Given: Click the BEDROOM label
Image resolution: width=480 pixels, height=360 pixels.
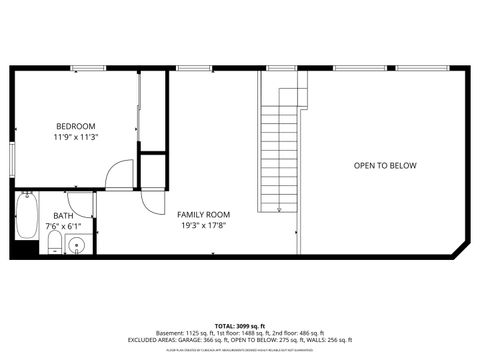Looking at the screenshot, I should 76,125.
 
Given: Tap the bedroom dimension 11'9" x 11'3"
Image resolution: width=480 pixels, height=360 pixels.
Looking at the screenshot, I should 76,136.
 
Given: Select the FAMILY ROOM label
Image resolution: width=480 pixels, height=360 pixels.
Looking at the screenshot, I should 203,215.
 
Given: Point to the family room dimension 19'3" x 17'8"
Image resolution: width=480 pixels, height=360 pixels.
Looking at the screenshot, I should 203,226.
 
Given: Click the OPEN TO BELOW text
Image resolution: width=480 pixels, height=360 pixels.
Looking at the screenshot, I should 385,166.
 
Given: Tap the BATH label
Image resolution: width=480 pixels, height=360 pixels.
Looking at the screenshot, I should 63,215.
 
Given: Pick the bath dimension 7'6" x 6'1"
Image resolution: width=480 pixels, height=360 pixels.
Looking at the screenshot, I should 63,226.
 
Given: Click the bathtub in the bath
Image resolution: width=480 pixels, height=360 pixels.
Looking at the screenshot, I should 26,215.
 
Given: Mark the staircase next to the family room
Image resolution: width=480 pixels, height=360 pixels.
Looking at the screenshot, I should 281,155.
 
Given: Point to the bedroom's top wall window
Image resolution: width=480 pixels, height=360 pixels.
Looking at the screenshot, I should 88,68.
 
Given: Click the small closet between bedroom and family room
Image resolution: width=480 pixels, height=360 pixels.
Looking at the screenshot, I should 152,170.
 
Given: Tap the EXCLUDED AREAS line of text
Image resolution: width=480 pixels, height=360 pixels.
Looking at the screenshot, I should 239,342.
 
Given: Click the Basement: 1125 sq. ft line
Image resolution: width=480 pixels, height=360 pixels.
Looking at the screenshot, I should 239,335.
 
